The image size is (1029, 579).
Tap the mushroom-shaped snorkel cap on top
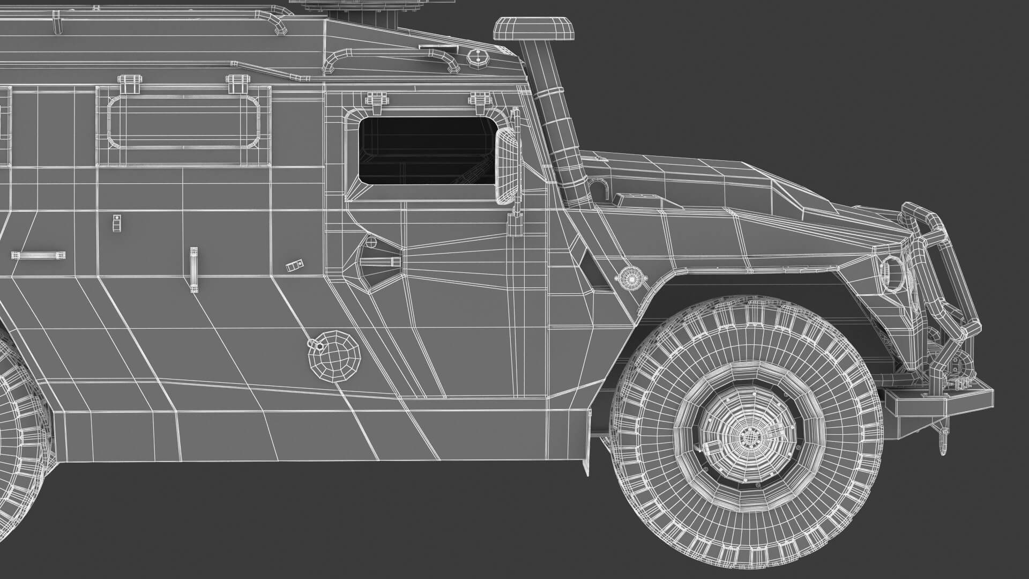click(x=534, y=29)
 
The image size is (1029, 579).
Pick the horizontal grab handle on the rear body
click(x=40, y=255)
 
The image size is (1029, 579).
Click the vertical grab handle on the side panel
click(x=193, y=270)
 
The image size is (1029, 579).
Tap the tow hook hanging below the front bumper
click(x=942, y=440)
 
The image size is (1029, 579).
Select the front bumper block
click(x=938, y=402)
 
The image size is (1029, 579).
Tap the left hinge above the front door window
click(x=375, y=101)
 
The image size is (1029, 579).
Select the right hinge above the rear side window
click(x=237, y=83)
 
